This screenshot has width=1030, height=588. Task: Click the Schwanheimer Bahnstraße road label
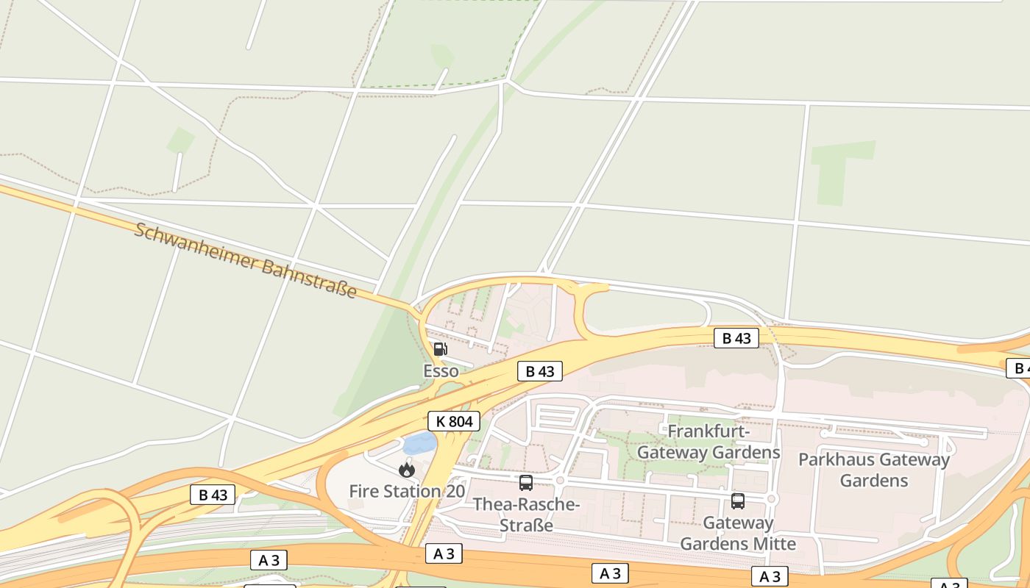tap(246, 260)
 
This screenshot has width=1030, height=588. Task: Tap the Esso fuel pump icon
tap(440, 348)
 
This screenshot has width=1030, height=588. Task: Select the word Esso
tap(441, 371)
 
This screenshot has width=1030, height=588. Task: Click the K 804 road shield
tap(454, 421)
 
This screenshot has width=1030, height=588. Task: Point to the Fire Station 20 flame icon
tap(407, 470)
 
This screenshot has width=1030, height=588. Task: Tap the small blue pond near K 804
tap(419, 442)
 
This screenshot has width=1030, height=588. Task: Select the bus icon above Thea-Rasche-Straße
tap(526, 483)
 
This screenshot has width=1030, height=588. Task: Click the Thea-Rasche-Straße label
tap(527, 515)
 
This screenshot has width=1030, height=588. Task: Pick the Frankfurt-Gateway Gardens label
tap(708, 442)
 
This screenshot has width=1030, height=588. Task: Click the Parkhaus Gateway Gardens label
tap(874, 470)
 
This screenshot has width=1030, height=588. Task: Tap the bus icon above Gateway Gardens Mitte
tap(738, 501)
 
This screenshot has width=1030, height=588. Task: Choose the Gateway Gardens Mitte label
tap(738, 534)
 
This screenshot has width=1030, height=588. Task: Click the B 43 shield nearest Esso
tap(540, 371)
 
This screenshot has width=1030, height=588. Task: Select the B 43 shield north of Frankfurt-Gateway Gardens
tap(736, 338)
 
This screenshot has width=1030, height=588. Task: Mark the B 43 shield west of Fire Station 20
tap(213, 495)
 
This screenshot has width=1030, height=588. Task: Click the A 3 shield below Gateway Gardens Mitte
tap(770, 576)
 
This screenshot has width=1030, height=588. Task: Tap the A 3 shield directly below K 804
tap(444, 553)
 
